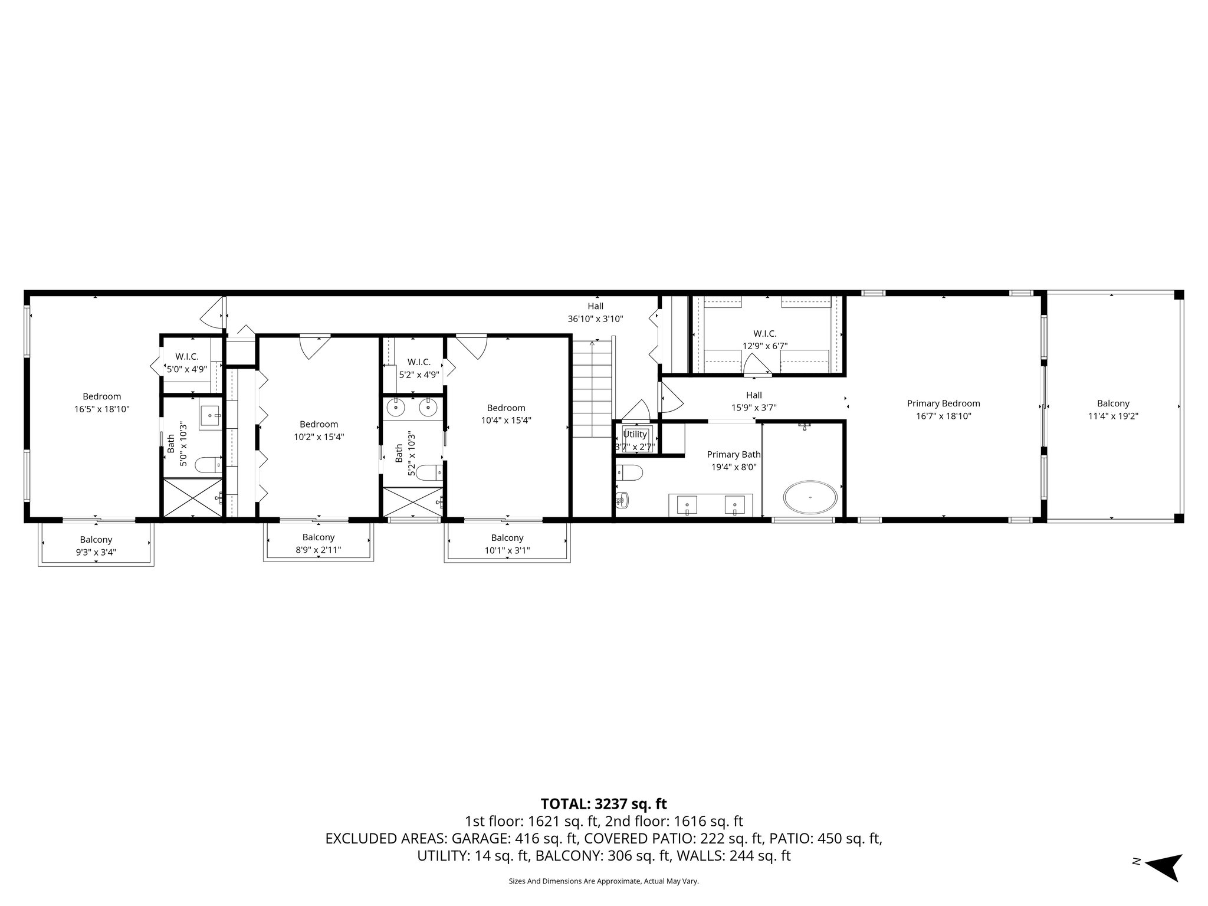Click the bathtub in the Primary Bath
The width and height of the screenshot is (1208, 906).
pos(810,497)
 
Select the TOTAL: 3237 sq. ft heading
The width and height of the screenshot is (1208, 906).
pos(603,803)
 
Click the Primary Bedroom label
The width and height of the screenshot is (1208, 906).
pos(943,403)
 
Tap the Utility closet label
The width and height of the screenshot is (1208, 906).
pos(635,434)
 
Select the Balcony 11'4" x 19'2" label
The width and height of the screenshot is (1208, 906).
pos(1113,409)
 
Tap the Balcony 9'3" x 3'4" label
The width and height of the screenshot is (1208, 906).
pos(96,546)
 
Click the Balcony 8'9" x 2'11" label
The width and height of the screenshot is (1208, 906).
pos(319,543)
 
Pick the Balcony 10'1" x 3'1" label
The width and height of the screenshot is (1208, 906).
pos(507,544)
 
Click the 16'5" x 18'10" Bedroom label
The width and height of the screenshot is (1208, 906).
pos(101,402)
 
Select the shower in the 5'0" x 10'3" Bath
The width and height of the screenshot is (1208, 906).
pos(193,498)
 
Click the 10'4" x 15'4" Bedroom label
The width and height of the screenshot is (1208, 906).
pos(505,414)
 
